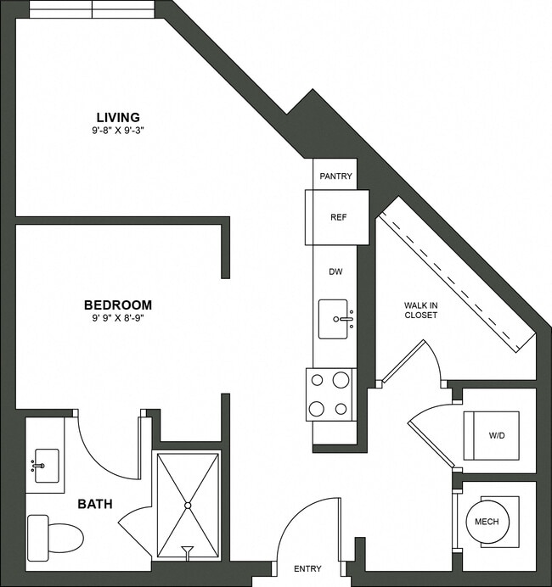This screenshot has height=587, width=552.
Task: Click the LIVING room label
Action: click(118, 116)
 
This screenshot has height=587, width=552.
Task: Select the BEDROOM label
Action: click(117, 305)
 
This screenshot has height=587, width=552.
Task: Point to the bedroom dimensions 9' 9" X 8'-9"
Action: click(117, 319)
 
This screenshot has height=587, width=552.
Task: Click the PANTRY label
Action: click(335, 176)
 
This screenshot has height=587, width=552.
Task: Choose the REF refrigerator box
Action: click(337, 217)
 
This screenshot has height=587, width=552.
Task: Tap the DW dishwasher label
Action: click(335, 271)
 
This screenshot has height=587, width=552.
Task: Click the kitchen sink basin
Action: click(335, 319)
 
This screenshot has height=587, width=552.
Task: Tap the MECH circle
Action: click(487, 522)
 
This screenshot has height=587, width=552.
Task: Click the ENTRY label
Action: click(307, 569)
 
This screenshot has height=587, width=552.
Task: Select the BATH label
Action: click(95, 504)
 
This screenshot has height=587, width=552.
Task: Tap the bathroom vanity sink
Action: click(44, 465)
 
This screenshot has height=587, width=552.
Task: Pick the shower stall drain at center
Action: click(187, 506)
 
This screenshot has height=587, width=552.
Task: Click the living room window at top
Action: click(92, 9)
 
